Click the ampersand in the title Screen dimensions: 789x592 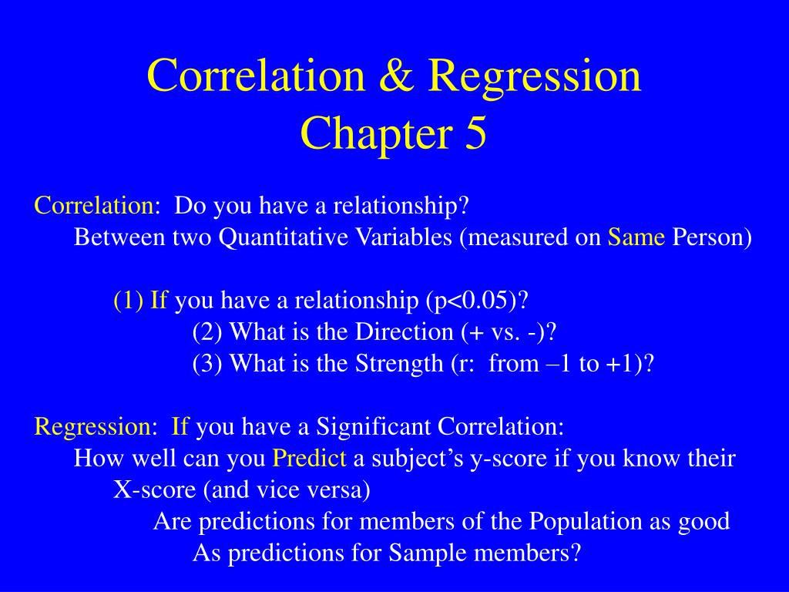click(x=396, y=75)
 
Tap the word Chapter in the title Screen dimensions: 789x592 click(x=377, y=133)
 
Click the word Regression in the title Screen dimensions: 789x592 click(x=535, y=76)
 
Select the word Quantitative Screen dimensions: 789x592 click(x=284, y=237)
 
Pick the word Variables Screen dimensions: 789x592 click(x=404, y=237)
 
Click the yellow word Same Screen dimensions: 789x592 click(x=636, y=237)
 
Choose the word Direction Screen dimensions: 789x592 click(x=404, y=331)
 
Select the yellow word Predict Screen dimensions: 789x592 click(x=309, y=458)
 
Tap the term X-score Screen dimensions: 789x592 click(x=154, y=489)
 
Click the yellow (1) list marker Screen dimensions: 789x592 click(x=129, y=300)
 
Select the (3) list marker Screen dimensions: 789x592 click(x=207, y=364)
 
